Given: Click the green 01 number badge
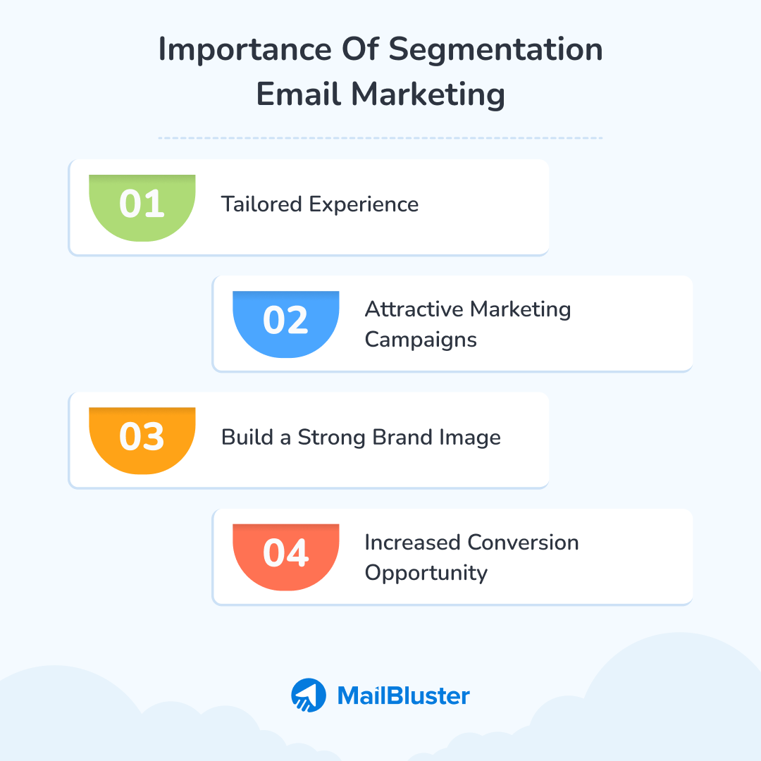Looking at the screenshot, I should click(x=142, y=205).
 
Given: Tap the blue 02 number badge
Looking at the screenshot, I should click(x=285, y=321).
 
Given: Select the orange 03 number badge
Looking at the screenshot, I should click(x=142, y=438).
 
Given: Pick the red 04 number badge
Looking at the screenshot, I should click(x=285, y=554).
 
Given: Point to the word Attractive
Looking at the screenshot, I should click(x=414, y=309).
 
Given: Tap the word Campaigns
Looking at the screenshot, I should click(x=421, y=340).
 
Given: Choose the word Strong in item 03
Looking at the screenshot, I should click(x=330, y=438).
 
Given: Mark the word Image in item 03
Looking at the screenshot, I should click(x=471, y=438).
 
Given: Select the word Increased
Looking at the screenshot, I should click(x=413, y=543).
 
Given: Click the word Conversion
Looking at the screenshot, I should click(x=524, y=543).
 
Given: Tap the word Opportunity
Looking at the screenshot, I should click(x=426, y=573).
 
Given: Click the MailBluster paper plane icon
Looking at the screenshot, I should click(x=309, y=695).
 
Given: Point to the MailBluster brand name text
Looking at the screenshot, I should click(x=403, y=696).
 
